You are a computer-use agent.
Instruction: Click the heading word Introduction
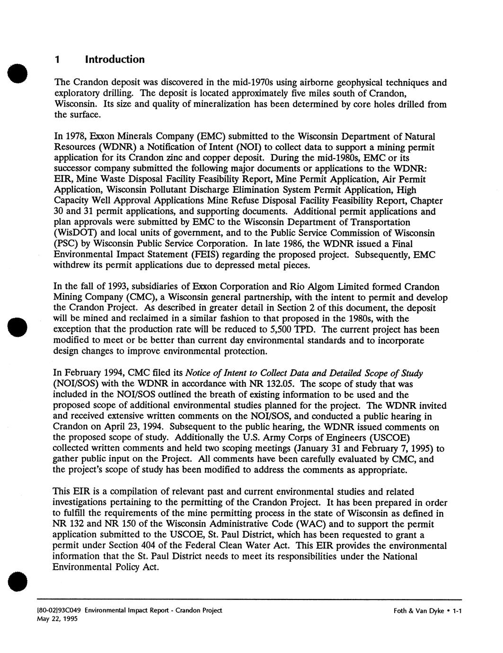(115, 59)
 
